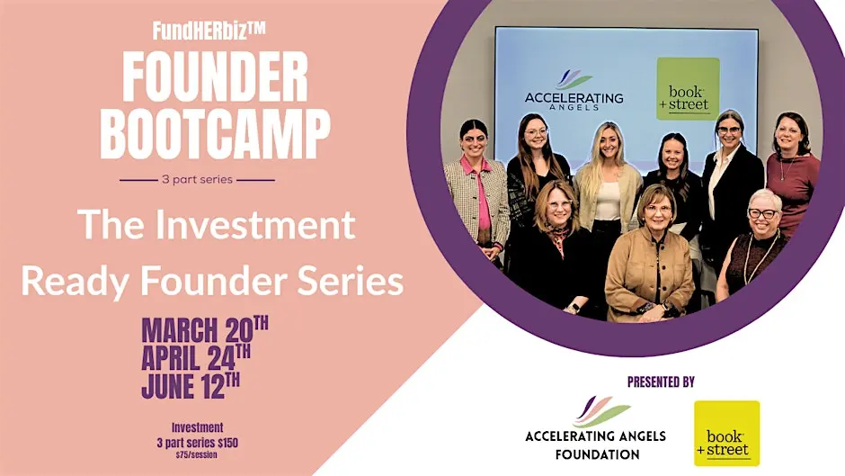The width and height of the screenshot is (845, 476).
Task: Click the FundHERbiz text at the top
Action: pos(209,31)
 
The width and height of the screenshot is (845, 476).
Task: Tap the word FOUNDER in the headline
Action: pos(215,76)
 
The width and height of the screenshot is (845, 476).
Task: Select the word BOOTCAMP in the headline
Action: pos(215,134)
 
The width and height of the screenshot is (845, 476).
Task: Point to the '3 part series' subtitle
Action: pos(197,179)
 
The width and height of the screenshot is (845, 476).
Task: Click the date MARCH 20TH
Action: pos(205,329)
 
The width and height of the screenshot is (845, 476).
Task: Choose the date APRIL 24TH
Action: pos(196,357)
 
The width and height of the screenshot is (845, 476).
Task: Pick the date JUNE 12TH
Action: pos(191,385)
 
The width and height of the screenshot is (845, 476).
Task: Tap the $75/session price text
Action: pos(196,455)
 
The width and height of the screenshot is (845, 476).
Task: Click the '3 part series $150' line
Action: pos(197,443)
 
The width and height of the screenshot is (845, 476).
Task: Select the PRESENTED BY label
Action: pos(661,382)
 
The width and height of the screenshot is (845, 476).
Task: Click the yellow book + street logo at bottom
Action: pos(726,433)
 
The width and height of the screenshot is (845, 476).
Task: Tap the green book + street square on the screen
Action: pos(688,89)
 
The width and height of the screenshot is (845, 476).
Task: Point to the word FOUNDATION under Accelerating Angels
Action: pos(597,454)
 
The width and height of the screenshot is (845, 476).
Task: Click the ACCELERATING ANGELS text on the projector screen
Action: pos(574,101)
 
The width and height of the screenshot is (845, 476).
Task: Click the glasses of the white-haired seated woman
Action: pos(762,214)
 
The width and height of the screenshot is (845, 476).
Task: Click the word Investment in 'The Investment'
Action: pos(255,225)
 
